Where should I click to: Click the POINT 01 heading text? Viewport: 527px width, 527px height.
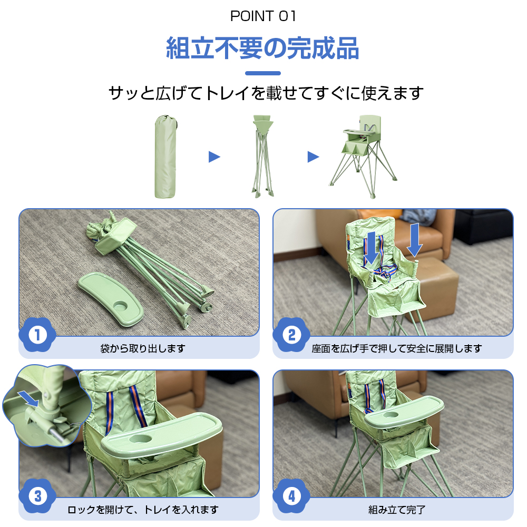pyautogui.click(x=263, y=16)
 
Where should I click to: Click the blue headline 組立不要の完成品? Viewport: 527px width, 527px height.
pyautogui.click(x=263, y=48)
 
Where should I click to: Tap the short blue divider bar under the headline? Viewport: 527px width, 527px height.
pyautogui.click(x=263, y=73)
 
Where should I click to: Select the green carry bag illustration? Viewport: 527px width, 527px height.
pyautogui.click(x=165, y=157)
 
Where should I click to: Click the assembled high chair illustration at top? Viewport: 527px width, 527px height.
pyautogui.click(x=363, y=157)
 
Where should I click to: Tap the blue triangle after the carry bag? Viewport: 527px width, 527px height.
pyautogui.click(x=214, y=157)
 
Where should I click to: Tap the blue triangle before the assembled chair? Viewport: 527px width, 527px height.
pyautogui.click(x=313, y=157)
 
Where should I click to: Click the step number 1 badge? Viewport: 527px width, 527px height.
pyautogui.click(x=37, y=335)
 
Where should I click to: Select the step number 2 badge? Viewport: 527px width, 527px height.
pyautogui.click(x=291, y=335)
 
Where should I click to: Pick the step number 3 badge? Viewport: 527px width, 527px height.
pyautogui.click(x=37, y=496)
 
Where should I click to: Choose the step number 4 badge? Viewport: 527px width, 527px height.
pyautogui.click(x=291, y=496)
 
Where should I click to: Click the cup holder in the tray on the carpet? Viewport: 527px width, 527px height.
pyautogui.click(x=120, y=306)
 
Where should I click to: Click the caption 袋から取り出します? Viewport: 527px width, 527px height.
pyautogui.click(x=143, y=348)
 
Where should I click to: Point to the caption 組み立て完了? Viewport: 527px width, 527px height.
pyautogui.click(x=397, y=510)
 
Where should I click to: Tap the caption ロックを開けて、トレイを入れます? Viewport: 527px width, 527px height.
pyautogui.click(x=143, y=510)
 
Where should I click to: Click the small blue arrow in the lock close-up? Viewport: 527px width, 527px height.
pyautogui.click(x=28, y=398)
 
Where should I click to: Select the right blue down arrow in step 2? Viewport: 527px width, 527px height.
pyautogui.click(x=414, y=240)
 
